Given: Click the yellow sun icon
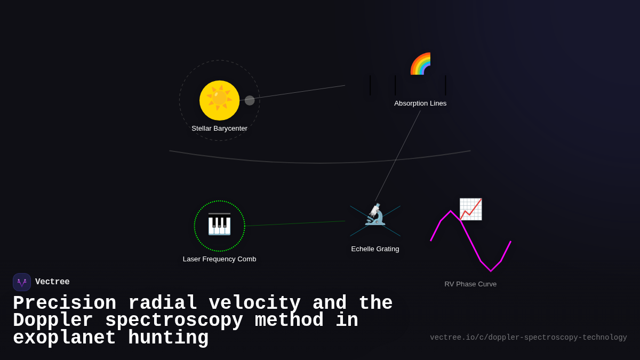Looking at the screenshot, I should coord(219,100).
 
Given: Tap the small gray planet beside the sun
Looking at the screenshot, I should coord(250,100).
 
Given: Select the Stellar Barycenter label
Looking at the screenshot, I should coord(219,129).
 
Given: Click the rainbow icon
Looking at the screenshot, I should coord(421,64).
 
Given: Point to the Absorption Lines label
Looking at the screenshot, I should coord(420,103).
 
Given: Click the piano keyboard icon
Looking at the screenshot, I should coord(219,225).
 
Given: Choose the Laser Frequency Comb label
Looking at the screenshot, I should coord(219,259).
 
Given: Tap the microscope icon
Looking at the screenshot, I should coord(375,214).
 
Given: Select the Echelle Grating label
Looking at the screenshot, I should coord(375,249).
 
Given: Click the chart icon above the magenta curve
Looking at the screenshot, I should coord(470,209).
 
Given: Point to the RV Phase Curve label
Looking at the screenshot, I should coord(470,284).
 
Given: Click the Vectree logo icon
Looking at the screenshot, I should coord(22,282).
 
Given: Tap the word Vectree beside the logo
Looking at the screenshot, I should coord(52,282).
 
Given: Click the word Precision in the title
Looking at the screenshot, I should coord(65,303).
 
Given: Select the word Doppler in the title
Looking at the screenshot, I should coord(53,321).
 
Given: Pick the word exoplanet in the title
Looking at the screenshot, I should coord(65,338).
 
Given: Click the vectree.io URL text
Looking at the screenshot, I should coord(529,338).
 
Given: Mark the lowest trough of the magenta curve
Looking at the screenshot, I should coord(491,270).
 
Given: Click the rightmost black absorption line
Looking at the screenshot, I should coord(445,85).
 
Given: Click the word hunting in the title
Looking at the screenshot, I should coord(168,338).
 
